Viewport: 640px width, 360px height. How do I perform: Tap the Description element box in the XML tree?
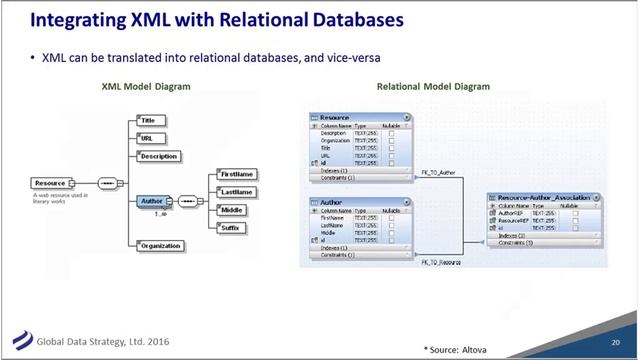point(158,157)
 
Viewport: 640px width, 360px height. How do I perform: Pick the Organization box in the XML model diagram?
point(160,246)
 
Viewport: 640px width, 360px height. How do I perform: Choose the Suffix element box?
point(231,228)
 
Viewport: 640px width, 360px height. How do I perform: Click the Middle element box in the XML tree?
point(231,210)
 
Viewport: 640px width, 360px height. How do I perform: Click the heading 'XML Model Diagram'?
point(146,87)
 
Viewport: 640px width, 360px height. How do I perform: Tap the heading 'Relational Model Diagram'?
point(433,87)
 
